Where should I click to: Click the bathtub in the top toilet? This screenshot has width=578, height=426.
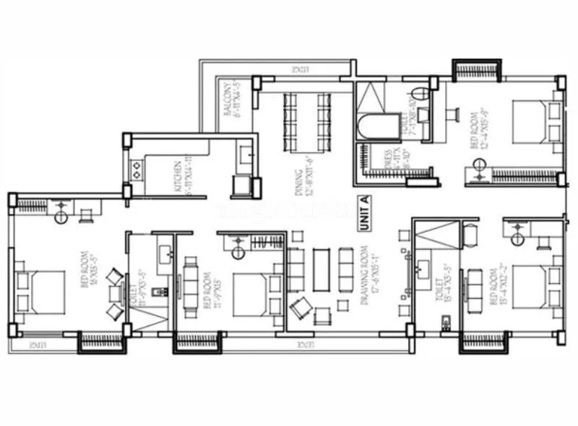[x=371, y=126]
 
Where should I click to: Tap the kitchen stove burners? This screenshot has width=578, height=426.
[x=135, y=170]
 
